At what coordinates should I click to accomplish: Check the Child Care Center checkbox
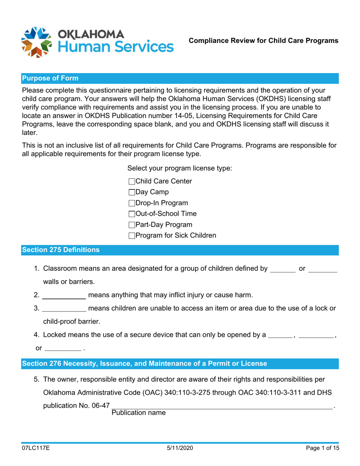click(132, 182)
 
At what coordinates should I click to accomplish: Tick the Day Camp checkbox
click(132, 192)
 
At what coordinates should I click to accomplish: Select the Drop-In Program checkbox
click(132, 203)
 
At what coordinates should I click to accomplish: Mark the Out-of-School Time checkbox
click(132, 214)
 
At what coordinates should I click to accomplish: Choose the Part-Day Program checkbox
click(132, 225)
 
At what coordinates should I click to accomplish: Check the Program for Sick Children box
click(132, 236)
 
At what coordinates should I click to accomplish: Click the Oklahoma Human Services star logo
click(36, 42)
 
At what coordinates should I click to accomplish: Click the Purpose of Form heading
click(50, 78)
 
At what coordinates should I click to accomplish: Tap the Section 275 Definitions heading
click(61, 250)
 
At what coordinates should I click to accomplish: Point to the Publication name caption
click(138, 413)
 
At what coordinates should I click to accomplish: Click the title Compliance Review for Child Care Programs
click(264, 41)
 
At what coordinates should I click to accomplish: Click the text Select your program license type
click(180, 168)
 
